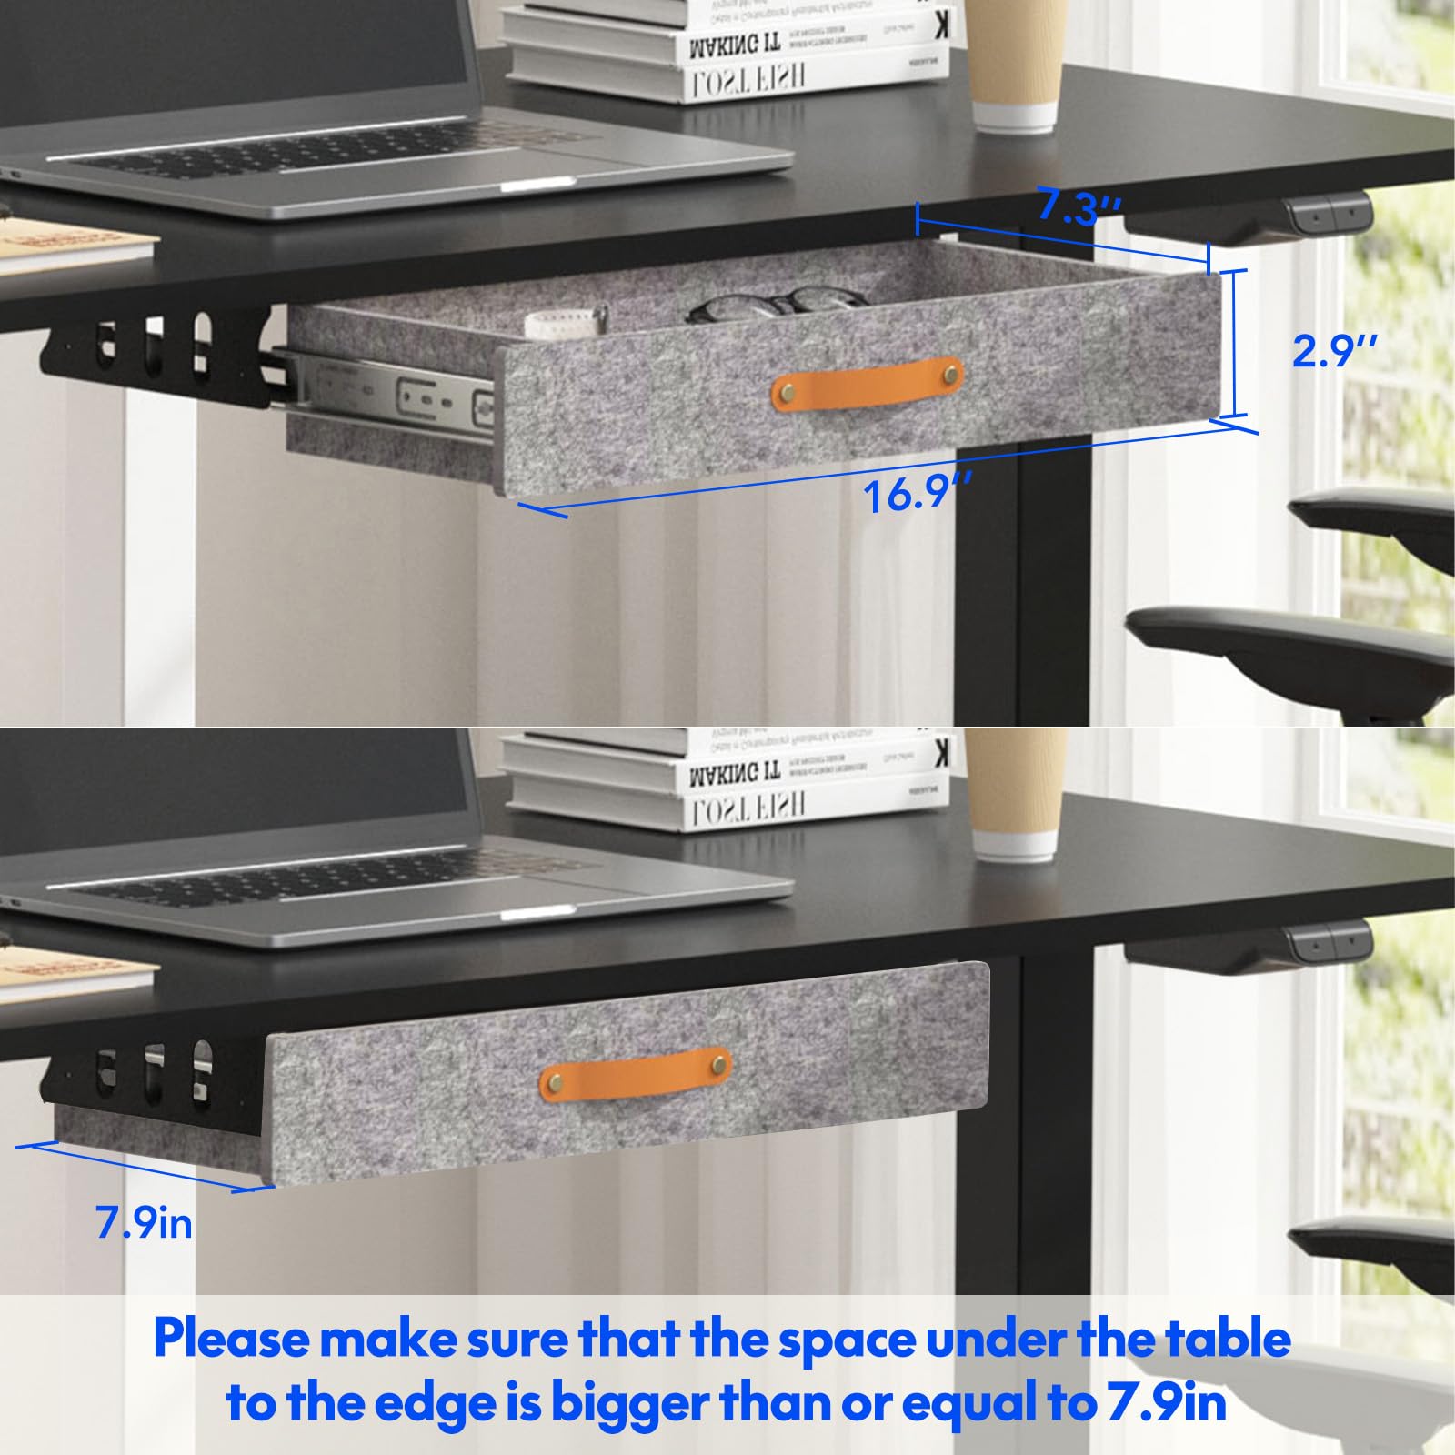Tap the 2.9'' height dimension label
coord(1334,350)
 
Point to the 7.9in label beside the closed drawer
coord(145,1223)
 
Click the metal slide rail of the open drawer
coord(391,391)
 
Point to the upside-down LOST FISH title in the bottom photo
coord(747,805)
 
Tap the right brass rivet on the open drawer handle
coord(950,372)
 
